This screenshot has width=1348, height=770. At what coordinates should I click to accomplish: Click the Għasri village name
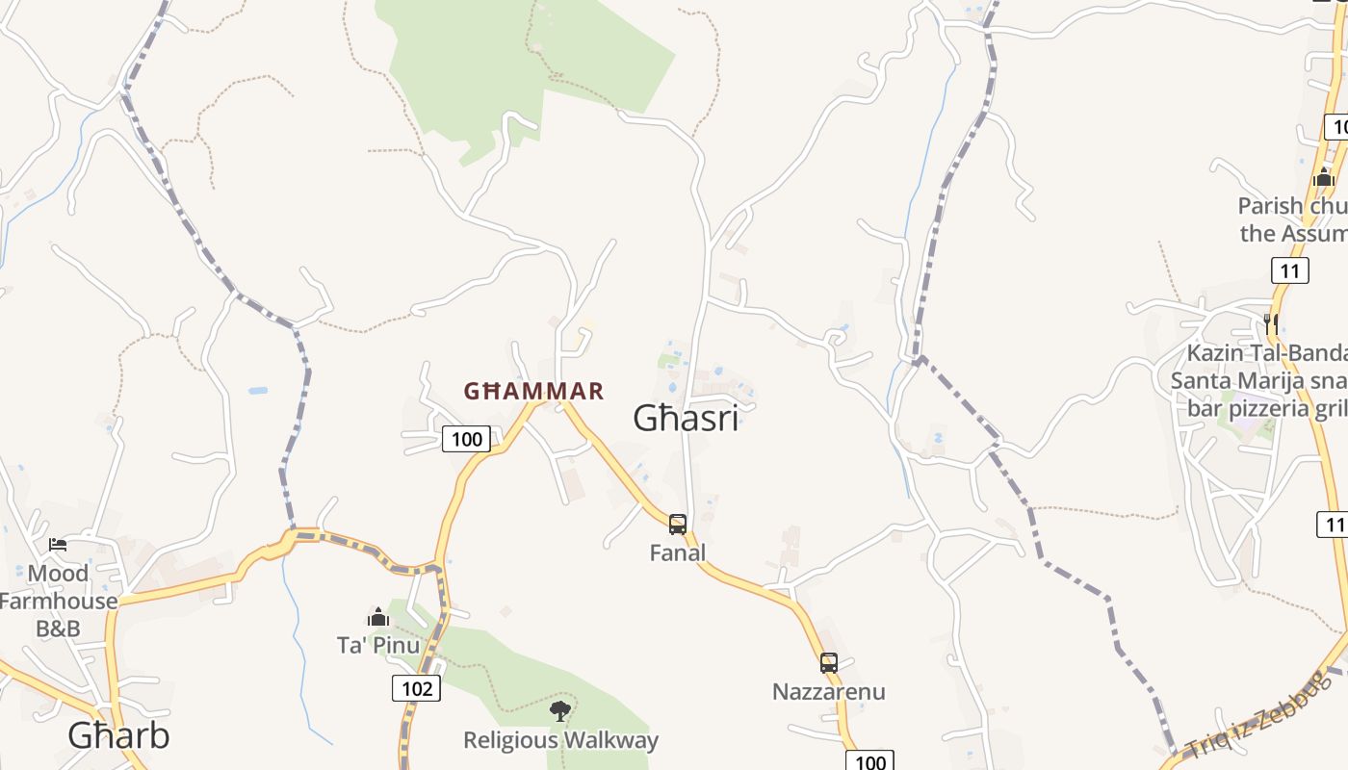[686, 418]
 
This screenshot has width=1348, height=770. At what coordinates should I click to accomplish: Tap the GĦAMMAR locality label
[533, 391]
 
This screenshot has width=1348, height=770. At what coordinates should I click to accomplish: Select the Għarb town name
[118, 735]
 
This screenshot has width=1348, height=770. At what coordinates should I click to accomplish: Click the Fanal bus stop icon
[678, 525]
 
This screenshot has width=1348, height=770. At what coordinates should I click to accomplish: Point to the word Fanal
[678, 552]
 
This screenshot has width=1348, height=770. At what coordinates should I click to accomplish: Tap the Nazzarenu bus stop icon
[829, 663]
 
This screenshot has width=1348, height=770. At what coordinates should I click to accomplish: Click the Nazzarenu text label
[829, 691]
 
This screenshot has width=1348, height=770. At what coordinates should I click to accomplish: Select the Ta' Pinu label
[378, 644]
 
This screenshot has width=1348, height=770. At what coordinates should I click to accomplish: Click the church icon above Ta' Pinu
[378, 616]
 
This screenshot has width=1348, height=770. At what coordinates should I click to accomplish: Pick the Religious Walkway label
[560, 740]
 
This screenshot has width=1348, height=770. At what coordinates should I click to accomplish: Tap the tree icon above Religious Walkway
[559, 711]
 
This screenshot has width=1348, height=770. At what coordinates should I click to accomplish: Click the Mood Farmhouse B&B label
[58, 601]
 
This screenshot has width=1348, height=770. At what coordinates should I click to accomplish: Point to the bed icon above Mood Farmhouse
[58, 545]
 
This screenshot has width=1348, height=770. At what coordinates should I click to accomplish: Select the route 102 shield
[417, 688]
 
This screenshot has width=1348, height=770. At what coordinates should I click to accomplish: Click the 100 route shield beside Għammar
[466, 440]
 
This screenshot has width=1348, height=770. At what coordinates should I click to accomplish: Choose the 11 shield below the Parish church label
[1289, 270]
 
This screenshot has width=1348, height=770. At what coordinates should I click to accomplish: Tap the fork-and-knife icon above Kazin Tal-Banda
[1271, 322]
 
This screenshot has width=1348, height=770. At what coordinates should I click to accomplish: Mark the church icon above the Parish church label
[1323, 177]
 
